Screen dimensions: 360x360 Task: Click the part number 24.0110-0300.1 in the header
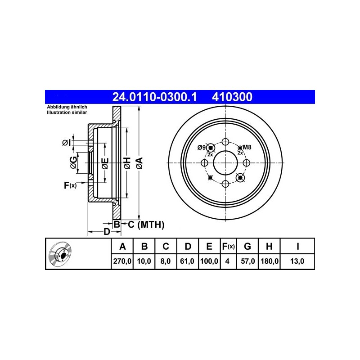point(154,97)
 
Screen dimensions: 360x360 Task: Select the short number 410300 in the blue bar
point(232,97)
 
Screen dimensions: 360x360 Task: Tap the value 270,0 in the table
point(122,261)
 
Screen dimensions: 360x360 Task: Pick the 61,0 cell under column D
point(187,261)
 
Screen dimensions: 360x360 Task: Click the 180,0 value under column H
point(270,261)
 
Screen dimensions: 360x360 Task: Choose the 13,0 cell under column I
point(297,261)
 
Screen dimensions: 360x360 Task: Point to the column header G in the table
point(247,246)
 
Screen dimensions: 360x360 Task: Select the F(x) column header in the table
point(229,246)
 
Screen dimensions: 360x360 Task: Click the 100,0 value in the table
point(209,261)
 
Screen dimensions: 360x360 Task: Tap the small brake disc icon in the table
point(60,254)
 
